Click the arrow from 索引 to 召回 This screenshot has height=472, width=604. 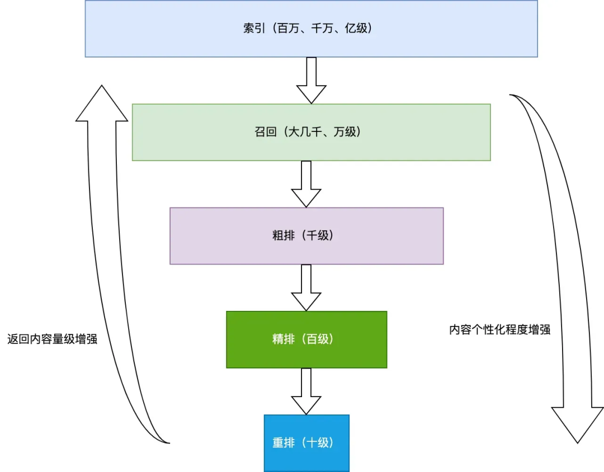point(311,79)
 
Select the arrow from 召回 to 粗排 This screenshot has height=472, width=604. point(306,183)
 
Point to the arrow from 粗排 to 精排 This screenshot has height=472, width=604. point(306,287)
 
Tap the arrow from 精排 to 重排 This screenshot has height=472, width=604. point(306,390)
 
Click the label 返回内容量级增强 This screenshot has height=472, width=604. point(52,339)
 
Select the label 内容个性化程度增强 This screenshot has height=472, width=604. point(499,329)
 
